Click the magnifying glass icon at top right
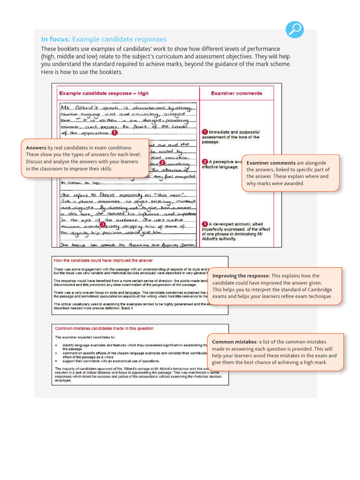[x=295, y=30]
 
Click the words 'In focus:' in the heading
[x=55, y=39]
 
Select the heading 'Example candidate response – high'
[x=104, y=93]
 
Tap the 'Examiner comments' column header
[x=236, y=93]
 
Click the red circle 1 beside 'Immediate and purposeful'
[x=205, y=132]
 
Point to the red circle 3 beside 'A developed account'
[x=205, y=224]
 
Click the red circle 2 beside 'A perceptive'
[x=205, y=162]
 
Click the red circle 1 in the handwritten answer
[x=114, y=133]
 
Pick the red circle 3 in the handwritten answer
[x=102, y=225]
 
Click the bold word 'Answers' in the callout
[x=36, y=148]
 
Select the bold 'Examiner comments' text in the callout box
[x=270, y=163]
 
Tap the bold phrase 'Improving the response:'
[x=241, y=276]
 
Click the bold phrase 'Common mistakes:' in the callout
[x=234, y=342]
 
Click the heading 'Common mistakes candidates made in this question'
[x=104, y=328]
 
